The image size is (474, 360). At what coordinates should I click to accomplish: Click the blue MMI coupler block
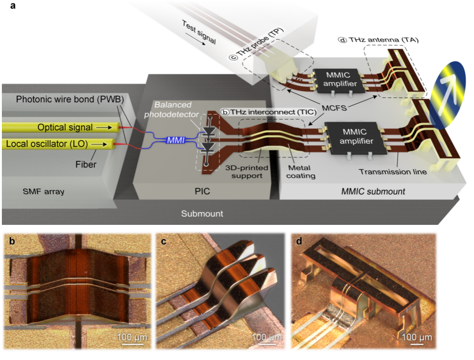coord(175,140)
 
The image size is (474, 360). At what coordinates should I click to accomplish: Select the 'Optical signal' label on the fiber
coord(65,127)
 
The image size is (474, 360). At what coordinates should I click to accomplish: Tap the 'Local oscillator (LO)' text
coord(47,144)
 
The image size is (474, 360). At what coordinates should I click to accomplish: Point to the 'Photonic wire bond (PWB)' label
coord(70,99)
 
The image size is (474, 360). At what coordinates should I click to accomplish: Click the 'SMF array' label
coord(43,191)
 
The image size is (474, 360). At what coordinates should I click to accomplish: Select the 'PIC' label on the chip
coord(202,191)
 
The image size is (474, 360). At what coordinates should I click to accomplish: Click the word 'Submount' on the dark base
coord(202,213)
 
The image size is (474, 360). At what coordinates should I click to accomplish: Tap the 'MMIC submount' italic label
coord(373,191)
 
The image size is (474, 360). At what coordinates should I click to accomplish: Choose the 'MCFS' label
coord(334,108)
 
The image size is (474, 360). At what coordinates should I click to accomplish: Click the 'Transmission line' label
coord(393,172)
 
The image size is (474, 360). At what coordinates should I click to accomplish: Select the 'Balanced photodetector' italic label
coord(172,109)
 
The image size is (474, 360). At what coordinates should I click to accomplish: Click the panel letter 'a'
coord(13,6)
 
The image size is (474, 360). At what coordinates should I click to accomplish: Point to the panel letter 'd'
coord(299,241)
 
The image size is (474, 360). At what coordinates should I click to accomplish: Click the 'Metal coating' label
coord(301,172)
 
